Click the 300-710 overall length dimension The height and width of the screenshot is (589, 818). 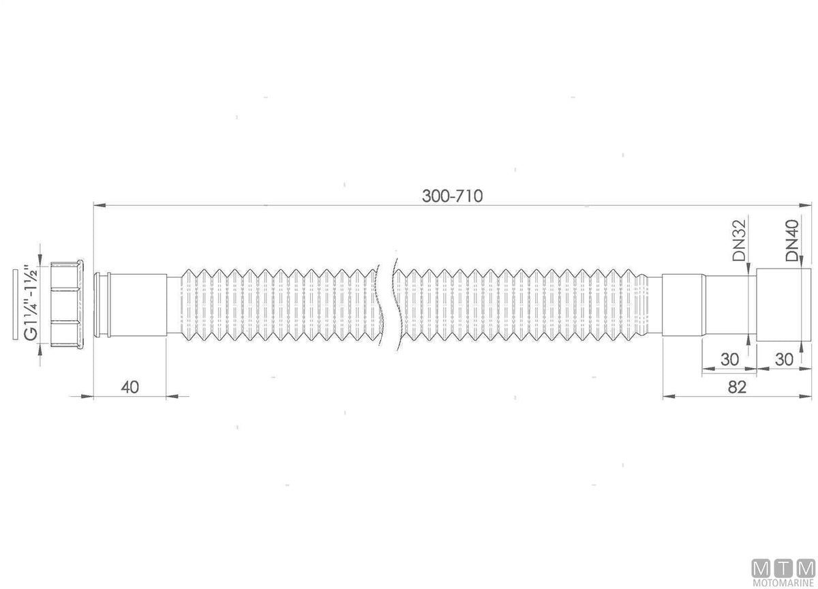(x=452, y=196)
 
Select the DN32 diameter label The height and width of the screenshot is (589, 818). (x=738, y=240)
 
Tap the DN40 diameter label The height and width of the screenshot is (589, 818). (x=792, y=240)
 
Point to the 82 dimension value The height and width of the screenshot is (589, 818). (x=737, y=387)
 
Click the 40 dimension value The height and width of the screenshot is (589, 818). (x=130, y=387)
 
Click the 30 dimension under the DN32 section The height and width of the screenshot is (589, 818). (x=729, y=360)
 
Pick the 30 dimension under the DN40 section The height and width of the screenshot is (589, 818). (x=784, y=360)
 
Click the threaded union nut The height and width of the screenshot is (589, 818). (x=67, y=304)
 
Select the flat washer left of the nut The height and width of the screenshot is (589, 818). (x=15, y=305)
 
